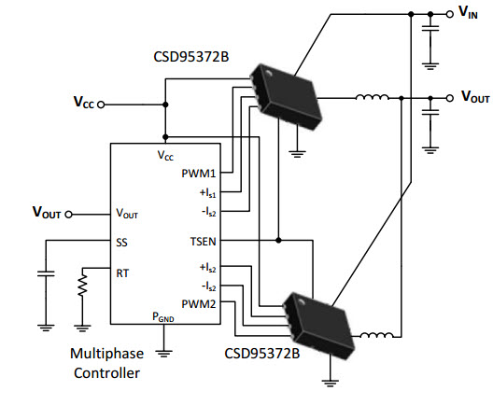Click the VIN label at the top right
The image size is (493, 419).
click(468, 12)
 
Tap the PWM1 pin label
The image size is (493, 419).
click(199, 174)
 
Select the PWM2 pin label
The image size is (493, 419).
click(199, 304)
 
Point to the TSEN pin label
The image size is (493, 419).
click(204, 242)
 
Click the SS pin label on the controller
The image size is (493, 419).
click(121, 243)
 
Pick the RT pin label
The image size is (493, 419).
click(122, 273)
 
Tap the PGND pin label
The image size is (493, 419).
click(163, 317)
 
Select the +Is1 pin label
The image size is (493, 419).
click(208, 192)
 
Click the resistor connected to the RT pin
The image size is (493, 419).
click(82, 285)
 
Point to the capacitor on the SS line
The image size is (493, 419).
click(46, 273)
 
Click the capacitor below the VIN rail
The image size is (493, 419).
click(430, 28)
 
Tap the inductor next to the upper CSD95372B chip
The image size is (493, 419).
click(372, 97)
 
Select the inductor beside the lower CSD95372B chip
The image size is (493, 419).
click(376, 335)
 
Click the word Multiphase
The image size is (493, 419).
click(106, 354)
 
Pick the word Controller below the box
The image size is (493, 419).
click(106, 373)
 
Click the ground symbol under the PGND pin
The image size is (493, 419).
click(163, 354)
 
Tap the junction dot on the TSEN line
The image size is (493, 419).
click(278, 241)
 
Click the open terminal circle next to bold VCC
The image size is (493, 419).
click(101, 105)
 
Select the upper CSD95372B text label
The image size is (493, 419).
click(191, 57)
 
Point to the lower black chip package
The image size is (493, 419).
click(318, 326)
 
